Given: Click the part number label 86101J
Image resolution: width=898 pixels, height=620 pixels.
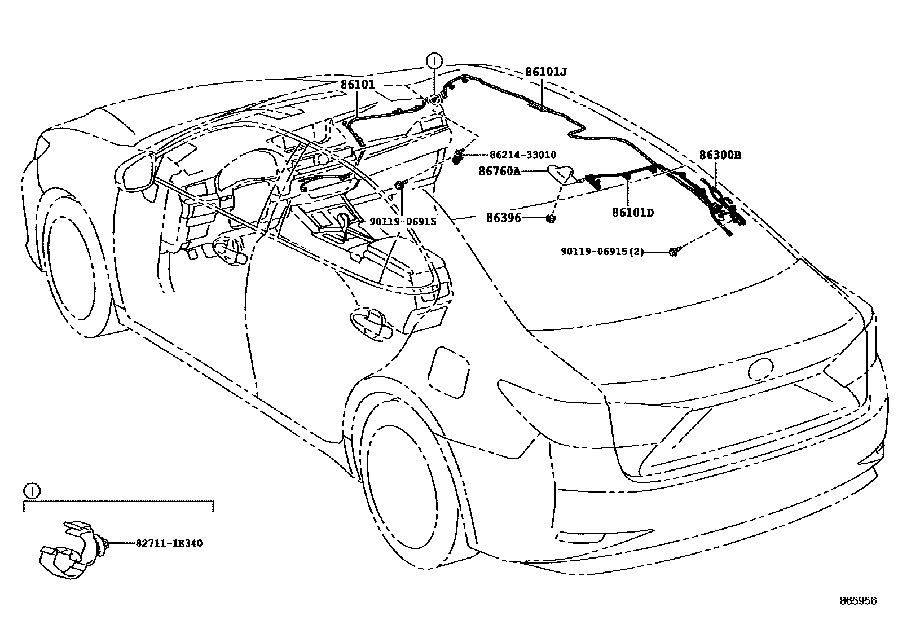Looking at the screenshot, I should point(545,72).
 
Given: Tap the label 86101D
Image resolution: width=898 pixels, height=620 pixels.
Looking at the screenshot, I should point(632,213).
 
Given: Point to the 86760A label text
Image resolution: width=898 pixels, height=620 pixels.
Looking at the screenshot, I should point(500,170).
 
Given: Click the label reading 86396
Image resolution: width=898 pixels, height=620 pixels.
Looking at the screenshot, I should point(503,217).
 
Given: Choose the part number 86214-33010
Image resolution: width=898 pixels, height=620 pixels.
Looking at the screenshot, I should point(522,155).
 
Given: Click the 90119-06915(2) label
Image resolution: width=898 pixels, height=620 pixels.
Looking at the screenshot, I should point(602,252).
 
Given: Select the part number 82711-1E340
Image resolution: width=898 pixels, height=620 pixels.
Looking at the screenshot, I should point(169,543).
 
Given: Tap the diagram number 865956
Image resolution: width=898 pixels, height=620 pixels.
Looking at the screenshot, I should point(858,601).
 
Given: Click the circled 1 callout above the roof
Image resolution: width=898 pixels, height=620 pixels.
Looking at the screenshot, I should point(434,60).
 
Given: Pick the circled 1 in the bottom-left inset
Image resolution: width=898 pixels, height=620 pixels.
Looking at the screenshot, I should point(32,491).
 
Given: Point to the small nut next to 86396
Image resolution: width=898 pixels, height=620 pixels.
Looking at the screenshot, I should point(552,218).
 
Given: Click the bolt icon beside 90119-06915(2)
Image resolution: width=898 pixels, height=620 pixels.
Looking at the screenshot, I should point(673,252).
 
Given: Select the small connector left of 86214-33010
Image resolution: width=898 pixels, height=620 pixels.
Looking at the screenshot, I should point(459,156).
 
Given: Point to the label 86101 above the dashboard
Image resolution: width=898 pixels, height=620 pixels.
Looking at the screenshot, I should point(357,85).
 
